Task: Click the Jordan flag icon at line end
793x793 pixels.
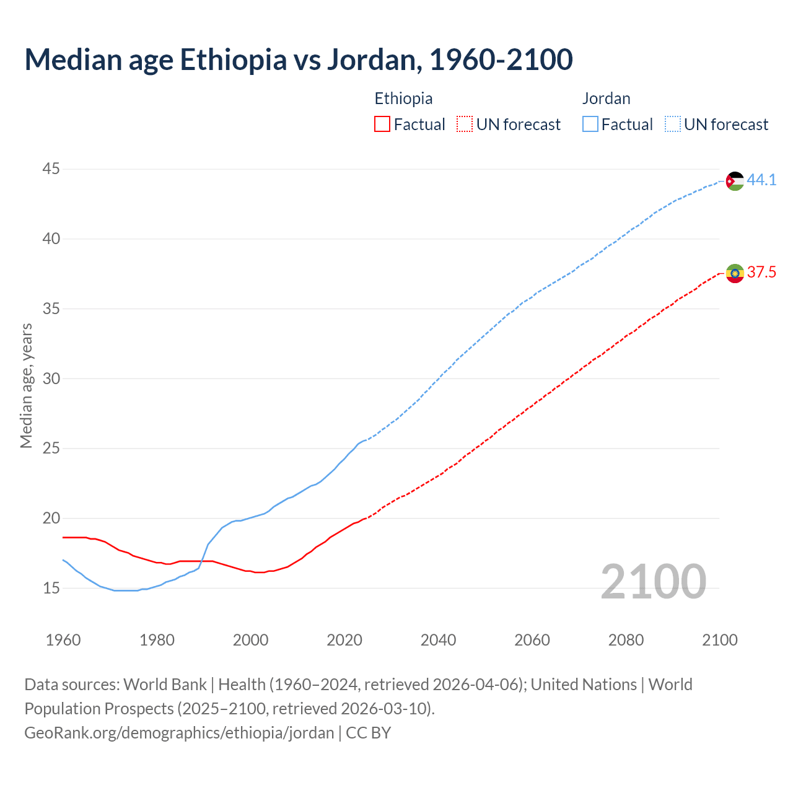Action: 735,181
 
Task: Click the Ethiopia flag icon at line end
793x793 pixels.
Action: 735,273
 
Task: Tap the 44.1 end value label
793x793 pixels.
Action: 761,180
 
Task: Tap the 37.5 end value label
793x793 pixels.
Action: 761,273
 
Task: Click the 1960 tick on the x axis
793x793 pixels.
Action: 63,640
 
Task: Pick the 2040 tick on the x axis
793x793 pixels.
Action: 438,640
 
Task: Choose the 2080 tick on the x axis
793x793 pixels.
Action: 626,640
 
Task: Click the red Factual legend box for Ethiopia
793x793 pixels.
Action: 382,125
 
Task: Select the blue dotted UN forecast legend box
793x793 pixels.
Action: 673,125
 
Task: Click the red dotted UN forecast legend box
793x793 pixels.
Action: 465,125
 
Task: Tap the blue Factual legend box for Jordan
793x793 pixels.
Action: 590,125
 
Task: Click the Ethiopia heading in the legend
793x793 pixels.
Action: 403,99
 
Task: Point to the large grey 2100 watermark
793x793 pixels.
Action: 653,582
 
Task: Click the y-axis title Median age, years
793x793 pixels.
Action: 26,385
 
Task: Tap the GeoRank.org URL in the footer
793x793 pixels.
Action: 179,733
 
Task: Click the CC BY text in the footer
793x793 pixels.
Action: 369,733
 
